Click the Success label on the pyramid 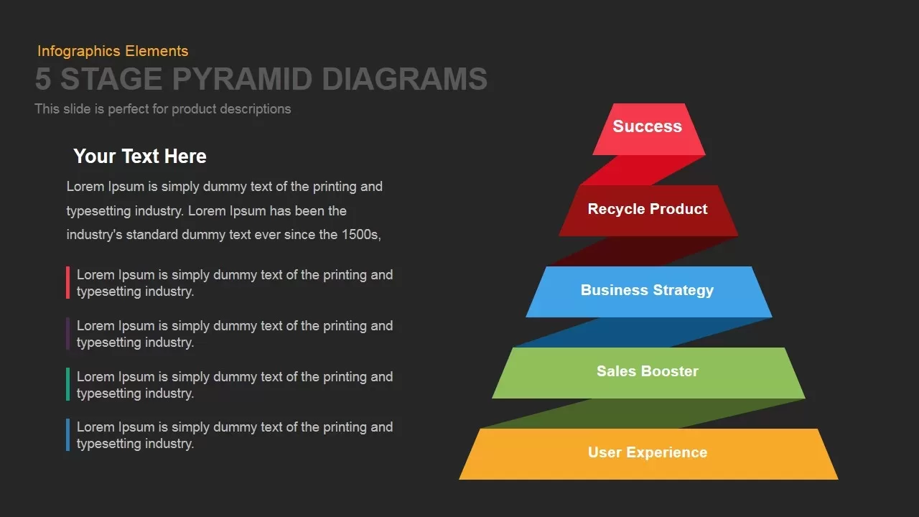(647, 126)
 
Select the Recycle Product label (648, 209)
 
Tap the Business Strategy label (647, 290)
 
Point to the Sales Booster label (647, 371)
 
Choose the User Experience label (648, 452)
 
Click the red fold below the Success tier (643, 170)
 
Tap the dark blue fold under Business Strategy (643, 332)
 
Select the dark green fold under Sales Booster (643, 414)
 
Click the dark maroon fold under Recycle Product (643, 251)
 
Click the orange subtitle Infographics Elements (113, 51)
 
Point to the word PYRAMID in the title (243, 79)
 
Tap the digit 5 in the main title (43, 79)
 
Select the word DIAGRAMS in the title (404, 79)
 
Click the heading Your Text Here (140, 157)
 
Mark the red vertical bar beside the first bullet (67, 283)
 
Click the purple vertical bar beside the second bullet (67, 334)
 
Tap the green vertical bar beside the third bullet (67, 384)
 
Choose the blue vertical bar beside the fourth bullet (67, 435)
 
